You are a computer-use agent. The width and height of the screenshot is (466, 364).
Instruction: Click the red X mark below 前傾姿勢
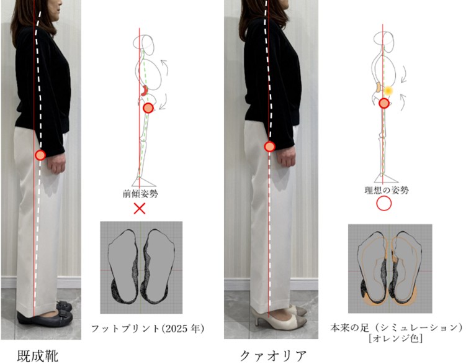point(140,209)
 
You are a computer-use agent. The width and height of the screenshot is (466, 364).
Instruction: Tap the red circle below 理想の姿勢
point(383,204)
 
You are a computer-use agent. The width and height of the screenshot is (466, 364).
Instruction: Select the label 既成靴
point(38,355)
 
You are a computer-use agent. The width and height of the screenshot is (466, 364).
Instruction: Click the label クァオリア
point(273,356)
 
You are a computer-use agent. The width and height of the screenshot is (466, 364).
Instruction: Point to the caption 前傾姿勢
point(140,194)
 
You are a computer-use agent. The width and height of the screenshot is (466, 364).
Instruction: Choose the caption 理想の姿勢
point(387,190)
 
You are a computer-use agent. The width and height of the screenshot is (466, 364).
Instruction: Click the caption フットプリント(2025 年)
point(148,329)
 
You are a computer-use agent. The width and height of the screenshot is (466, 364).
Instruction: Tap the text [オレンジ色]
point(395,339)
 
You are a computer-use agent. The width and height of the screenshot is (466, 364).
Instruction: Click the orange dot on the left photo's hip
point(40,155)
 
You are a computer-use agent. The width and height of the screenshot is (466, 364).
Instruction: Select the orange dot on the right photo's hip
point(269,147)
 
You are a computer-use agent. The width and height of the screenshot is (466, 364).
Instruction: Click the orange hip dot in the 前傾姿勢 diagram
point(148,108)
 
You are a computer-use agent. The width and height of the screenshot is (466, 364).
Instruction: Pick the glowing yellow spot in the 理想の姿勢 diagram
point(388,91)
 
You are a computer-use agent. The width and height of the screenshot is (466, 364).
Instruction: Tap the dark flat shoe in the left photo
point(45,318)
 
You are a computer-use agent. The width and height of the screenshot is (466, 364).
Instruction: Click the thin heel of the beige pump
point(257,321)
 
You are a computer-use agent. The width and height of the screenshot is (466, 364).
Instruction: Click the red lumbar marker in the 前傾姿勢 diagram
point(145,91)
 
